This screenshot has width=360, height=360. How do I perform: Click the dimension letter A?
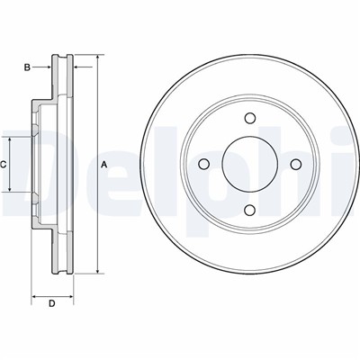(x=104, y=164)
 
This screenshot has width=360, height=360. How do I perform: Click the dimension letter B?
(x=27, y=67)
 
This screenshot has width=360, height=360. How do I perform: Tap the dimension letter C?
(x=3, y=164)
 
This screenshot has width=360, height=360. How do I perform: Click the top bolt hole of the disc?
(x=250, y=118)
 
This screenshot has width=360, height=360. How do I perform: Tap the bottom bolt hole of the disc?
(x=250, y=210)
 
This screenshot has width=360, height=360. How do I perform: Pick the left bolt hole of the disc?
(x=204, y=164)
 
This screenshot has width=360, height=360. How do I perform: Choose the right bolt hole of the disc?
(x=296, y=164)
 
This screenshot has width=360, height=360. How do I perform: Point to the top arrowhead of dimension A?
(x=97, y=58)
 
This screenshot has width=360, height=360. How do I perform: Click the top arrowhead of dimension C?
(x=10, y=140)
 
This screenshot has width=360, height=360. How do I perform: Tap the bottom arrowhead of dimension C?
(x=10, y=188)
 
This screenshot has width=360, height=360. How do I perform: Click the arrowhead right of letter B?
(x=48, y=67)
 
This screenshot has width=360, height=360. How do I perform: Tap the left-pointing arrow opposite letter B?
(x=83, y=67)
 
